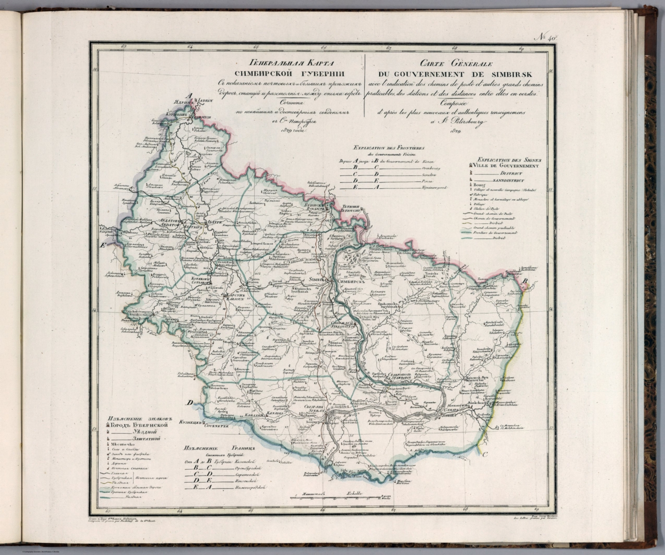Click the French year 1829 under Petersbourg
455,131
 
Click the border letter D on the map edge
190,403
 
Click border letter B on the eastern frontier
525,282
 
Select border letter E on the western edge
103,245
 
